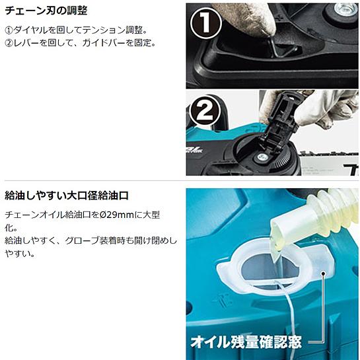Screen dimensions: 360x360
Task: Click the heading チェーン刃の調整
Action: point(46,11)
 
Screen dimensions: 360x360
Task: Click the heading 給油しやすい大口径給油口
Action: point(67,196)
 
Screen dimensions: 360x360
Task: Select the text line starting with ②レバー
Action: point(80,43)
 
